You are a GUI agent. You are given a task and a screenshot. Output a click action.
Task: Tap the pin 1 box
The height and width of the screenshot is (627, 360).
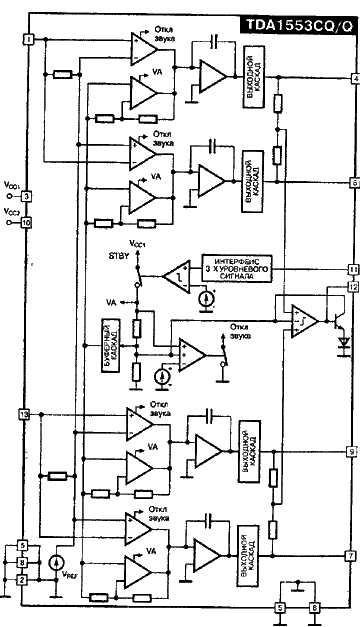[x=29, y=38]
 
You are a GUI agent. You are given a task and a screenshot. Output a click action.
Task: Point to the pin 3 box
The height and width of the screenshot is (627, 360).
[x=27, y=196]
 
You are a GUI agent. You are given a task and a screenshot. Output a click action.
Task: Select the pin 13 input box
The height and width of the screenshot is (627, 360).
[x=25, y=413]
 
